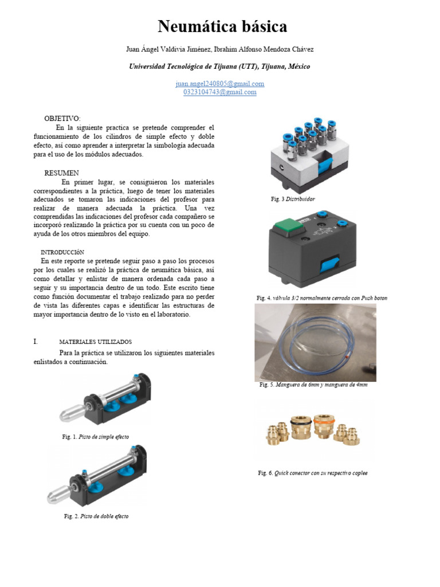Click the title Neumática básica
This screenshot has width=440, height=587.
pos(222,27)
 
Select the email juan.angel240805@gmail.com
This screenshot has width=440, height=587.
pos(220,84)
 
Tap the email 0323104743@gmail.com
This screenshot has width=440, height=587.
pos(220,92)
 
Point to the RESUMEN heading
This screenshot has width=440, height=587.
pos(61,173)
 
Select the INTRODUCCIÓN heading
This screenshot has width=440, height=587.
pos(62,252)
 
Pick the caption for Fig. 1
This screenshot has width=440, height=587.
pos(96,437)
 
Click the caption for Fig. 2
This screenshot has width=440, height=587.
pos(96,516)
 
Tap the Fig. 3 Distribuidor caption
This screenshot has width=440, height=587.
pos(293,199)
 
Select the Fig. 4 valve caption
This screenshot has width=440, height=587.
pos(321,298)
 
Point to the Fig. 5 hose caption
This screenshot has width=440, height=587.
pos(313,385)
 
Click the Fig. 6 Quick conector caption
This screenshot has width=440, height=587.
pos(312,473)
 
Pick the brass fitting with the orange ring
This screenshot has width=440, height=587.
pos(322,427)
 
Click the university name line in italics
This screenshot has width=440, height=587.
pos(220,66)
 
